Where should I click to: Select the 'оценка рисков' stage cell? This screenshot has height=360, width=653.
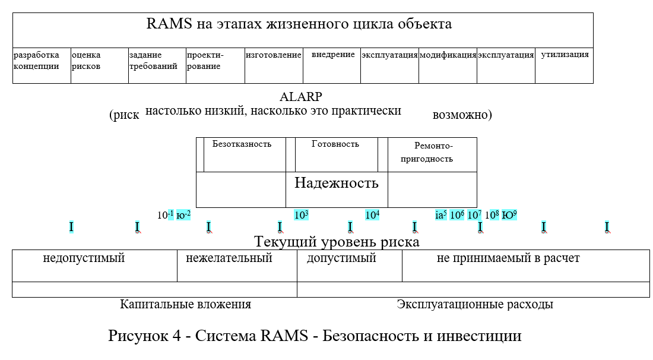(x=99, y=65)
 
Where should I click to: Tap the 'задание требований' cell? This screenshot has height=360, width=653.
(x=157, y=65)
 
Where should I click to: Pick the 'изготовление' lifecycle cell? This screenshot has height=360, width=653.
(x=274, y=65)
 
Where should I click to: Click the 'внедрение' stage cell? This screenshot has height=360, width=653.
(x=332, y=65)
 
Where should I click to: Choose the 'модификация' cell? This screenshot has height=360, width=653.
(x=448, y=65)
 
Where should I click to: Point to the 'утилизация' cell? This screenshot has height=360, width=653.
(x=564, y=65)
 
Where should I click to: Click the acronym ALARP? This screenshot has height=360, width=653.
(x=301, y=97)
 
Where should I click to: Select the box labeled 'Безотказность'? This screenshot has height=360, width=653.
(x=244, y=154)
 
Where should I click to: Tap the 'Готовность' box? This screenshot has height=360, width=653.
(x=336, y=154)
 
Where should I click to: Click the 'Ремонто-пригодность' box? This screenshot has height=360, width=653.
(x=432, y=154)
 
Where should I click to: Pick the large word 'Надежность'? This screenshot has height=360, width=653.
(x=336, y=183)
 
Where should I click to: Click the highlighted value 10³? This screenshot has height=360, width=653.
(x=302, y=215)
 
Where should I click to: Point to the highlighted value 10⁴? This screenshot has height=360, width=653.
(x=372, y=215)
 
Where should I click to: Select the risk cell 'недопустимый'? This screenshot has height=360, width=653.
(x=94, y=266)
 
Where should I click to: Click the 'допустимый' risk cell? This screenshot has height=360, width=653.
(x=349, y=266)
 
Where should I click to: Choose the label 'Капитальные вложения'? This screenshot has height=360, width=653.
(x=186, y=304)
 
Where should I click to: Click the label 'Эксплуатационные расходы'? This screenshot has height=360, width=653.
(x=475, y=304)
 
